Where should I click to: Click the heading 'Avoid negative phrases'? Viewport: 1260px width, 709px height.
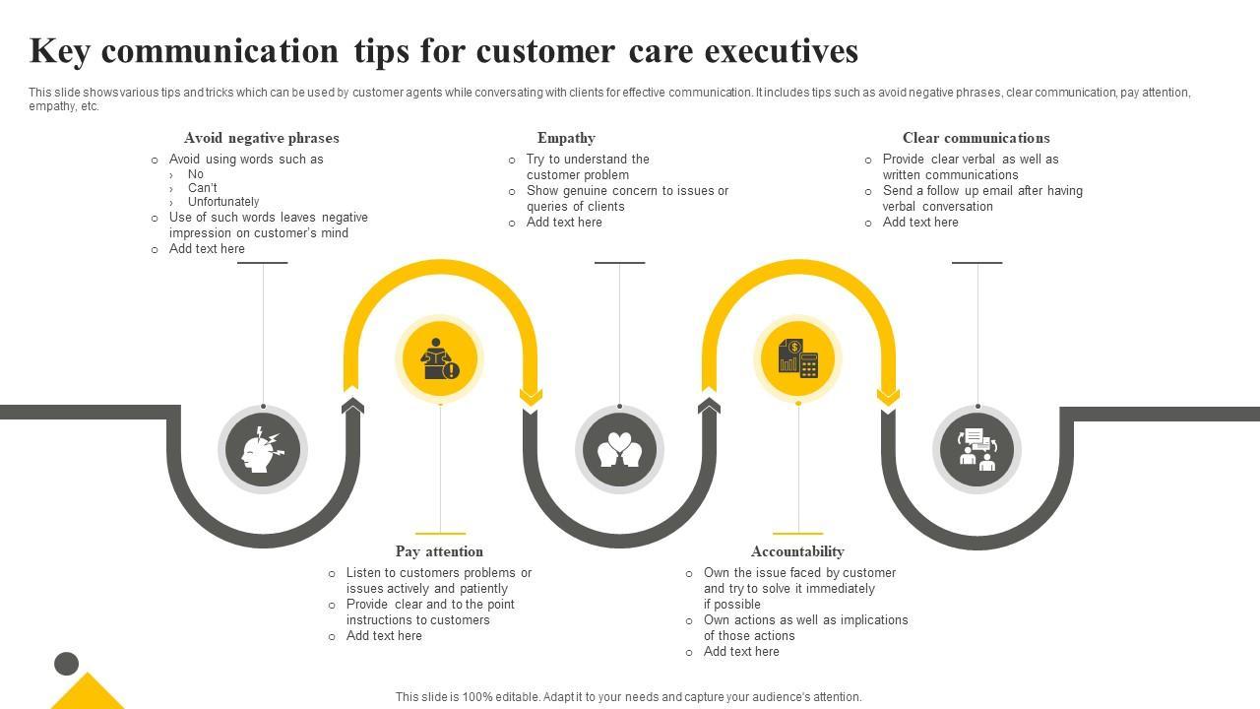coord(261,138)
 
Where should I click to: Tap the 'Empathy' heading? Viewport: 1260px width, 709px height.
coord(566,138)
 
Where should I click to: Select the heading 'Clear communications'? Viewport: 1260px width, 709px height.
coord(976,138)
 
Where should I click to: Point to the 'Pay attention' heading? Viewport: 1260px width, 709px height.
coord(439,551)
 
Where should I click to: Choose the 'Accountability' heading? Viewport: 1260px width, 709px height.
coord(797,551)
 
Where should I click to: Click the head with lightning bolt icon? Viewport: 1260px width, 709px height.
coord(262,450)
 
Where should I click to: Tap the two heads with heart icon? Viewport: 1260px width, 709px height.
coord(619,450)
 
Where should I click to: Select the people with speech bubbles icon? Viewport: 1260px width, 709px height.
coord(976,450)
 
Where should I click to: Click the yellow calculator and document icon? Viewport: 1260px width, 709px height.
coord(798,358)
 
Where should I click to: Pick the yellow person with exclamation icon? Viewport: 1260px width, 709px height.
coord(439,358)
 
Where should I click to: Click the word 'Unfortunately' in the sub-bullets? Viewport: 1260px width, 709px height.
coord(223,202)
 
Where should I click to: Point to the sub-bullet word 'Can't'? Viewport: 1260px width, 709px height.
coord(203,188)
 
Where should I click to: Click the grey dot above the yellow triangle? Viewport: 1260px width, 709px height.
coord(66,664)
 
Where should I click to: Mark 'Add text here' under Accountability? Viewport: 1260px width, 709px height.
coord(741,652)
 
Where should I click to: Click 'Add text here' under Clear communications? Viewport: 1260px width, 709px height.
coord(920,223)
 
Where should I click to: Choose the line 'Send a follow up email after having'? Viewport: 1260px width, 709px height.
coord(982,191)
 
